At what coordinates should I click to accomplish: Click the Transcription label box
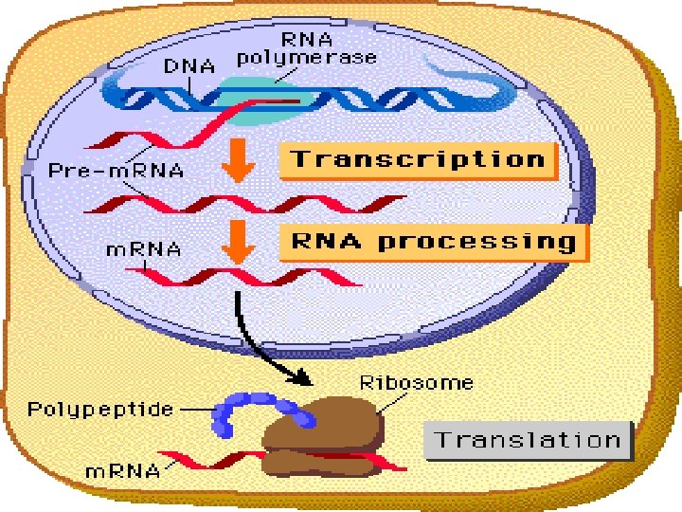click(418, 158)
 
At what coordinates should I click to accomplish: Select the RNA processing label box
click(434, 241)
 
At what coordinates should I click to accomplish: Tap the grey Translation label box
click(528, 440)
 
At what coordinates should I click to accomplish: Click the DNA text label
click(190, 66)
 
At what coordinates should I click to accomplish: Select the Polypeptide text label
click(100, 410)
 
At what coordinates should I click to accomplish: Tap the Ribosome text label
click(417, 384)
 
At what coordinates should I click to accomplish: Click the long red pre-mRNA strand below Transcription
click(246, 201)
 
